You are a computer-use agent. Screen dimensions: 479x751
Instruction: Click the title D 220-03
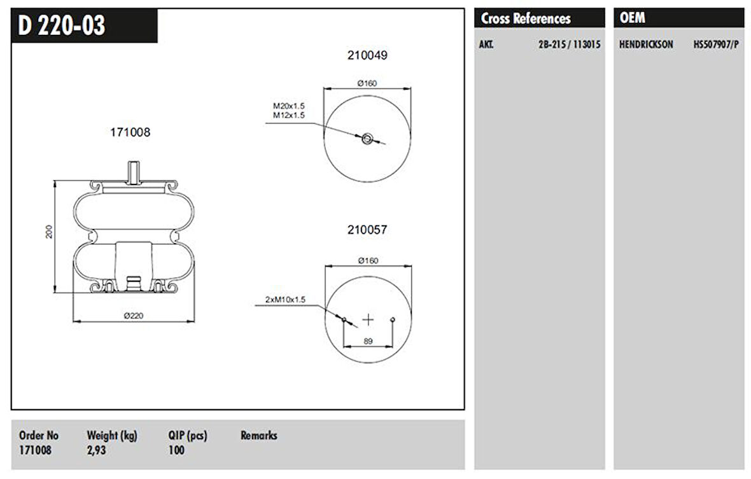[x=62, y=26]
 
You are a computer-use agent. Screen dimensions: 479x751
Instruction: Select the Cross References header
[x=525, y=18]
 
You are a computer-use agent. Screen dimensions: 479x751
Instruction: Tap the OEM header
[x=632, y=18]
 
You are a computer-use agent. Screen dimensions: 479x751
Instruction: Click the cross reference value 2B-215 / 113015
[x=569, y=45]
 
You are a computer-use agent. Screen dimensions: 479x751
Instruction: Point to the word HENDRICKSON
[x=645, y=45]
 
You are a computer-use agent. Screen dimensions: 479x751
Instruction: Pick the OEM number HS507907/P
[x=715, y=45]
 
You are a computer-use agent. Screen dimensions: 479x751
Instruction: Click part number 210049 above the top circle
[x=367, y=55]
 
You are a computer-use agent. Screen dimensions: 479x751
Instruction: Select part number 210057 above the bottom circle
[x=367, y=230]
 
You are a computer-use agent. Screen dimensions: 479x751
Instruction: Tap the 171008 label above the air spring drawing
[x=130, y=132]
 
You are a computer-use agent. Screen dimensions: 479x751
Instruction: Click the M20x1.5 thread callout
[x=290, y=106]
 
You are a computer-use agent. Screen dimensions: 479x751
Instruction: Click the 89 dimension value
[x=368, y=342]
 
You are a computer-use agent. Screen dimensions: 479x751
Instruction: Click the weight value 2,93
[x=97, y=450]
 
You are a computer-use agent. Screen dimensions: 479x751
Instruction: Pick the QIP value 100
[x=176, y=450]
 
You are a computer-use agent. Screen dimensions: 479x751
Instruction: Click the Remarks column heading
[x=258, y=436]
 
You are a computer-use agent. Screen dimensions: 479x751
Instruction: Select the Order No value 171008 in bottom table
[x=36, y=450]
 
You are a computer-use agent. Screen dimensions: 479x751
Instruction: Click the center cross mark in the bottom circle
[x=368, y=319]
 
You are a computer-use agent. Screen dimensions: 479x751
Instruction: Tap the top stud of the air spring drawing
[x=132, y=172]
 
